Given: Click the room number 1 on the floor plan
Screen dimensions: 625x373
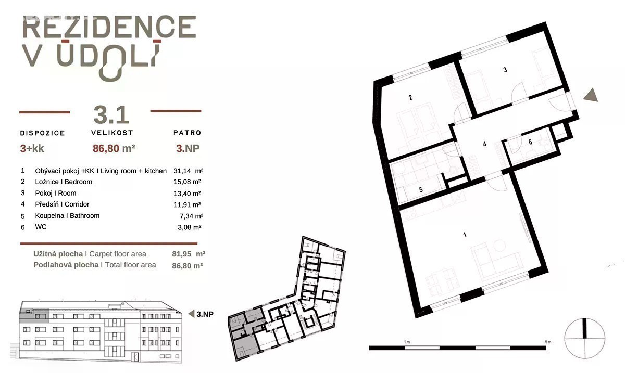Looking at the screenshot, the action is pyautogui.click(x=465, y=235).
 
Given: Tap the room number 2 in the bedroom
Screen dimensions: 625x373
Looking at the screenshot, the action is pyautogui.click(x=410, y=98).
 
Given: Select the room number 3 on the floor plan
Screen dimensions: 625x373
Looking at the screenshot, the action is pyautogui.click(x=505, y=70).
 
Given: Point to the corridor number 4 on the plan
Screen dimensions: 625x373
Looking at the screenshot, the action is pyautogui.click(x=485, y=144).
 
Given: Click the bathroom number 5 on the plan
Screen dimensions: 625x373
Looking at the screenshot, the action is pyautogui.click(x=421, y=189).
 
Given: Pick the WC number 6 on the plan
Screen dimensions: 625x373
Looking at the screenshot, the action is pyautogui.click(x=530, y=142).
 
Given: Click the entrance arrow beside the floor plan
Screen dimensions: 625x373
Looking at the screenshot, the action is pyautogui.click(x=591, y=95).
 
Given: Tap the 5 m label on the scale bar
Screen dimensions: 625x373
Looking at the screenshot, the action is pyautogui.click(x=548, y=342).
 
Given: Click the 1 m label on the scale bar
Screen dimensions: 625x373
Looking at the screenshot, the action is pyautogui.click(x=407, y=342).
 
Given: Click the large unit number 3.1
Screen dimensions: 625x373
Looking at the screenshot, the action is pyautogui.click(x=111, y=115).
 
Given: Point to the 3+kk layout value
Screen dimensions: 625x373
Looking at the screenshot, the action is pyautogui.click(x=32, y=148).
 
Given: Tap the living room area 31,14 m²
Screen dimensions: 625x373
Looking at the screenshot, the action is pyautogui.click(x=189, y=171).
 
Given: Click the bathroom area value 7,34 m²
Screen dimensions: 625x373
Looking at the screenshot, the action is pyautogui.click(x=191, y=216).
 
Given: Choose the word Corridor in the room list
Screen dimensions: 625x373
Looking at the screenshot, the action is pyautogui.click(x=77, y=204).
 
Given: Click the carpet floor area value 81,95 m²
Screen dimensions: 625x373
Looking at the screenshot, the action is pyautogui.click(x=189, y=254).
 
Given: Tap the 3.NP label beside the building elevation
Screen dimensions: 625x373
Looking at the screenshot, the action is pyautogui.click(x=205, y=314).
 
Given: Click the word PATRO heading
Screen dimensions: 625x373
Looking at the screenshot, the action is pyautogui.click(x=187, y=133).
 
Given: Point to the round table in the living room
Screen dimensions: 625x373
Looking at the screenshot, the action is pyautogui.click(x=499, y=246).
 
